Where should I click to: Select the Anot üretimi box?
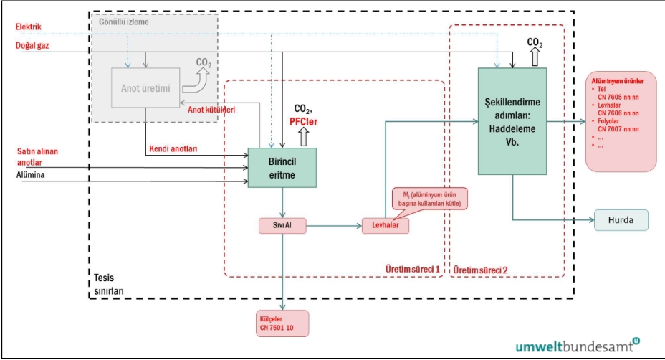(x=145, y=87)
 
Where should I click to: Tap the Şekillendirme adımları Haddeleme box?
(x=512, y=120)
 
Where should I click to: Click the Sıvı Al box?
(x=282, y=225)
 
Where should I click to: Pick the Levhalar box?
(x=385, y=225)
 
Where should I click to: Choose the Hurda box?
(x=621, y=219)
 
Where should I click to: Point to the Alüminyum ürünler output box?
(x=621, y=121)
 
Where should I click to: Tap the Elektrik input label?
(x=29, y=27)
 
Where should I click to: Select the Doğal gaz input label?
(x=33, y=46)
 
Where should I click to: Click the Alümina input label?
(x=31, y=174)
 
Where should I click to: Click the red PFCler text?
(x=305, y=121)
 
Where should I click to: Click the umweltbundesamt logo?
(x=578, y=346)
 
